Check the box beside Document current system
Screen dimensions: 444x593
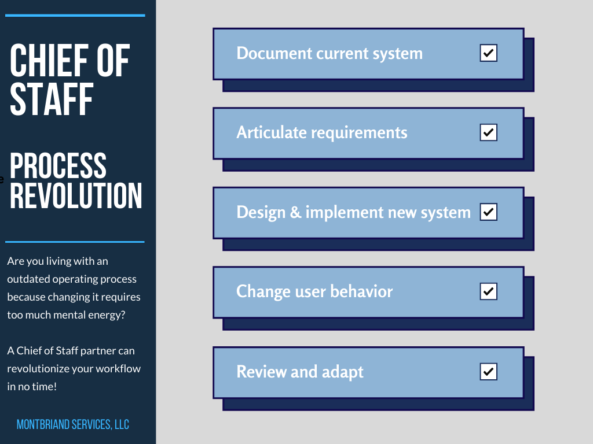pyautogui.click(x=489, y=54)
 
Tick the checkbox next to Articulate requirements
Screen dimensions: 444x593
pyautogui.click(x=489, y=133)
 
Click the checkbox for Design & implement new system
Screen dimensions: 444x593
pyautogui.click(x=489, y=212)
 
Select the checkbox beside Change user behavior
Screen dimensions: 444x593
pyautogui.click(x=489, y=291)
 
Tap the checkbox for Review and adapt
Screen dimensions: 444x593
pyautogui.click(x=489, y=371)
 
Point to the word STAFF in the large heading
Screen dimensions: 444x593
pyautogui.click(x=52, y=99)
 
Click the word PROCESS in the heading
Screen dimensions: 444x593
pyautogui.click(x=58, y=165)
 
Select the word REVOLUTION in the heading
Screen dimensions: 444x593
pyautogui.click(x=76, y=195)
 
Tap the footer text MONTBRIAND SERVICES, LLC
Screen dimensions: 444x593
pyautogui.click(x=73, y=425)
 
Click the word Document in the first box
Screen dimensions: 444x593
pyautogui.click(x=274, y=54)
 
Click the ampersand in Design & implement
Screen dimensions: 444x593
pyautogui.click(x=295, y=212)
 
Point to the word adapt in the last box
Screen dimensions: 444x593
pyautogui.click(x=343, y=372)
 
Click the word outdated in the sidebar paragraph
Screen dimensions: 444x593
pyautogui.click(x=28, y=279)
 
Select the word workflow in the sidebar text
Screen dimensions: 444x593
pyautogui.click(x=119, y=369)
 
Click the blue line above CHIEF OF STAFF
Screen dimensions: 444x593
pyautogui.click(x=75, y=16)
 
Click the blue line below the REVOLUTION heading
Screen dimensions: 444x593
pyautogui.click(x=75, y=242)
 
